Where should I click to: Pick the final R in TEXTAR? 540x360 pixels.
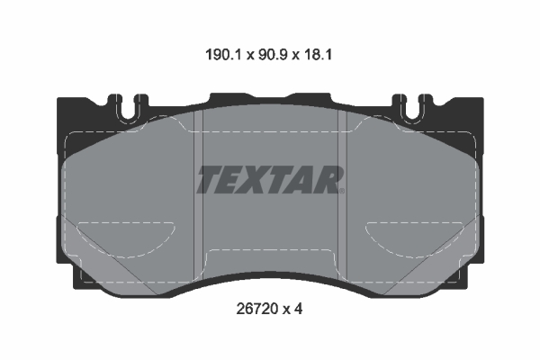(x=328, y=179)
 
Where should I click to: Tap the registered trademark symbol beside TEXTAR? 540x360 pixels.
(x=343, y=190)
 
